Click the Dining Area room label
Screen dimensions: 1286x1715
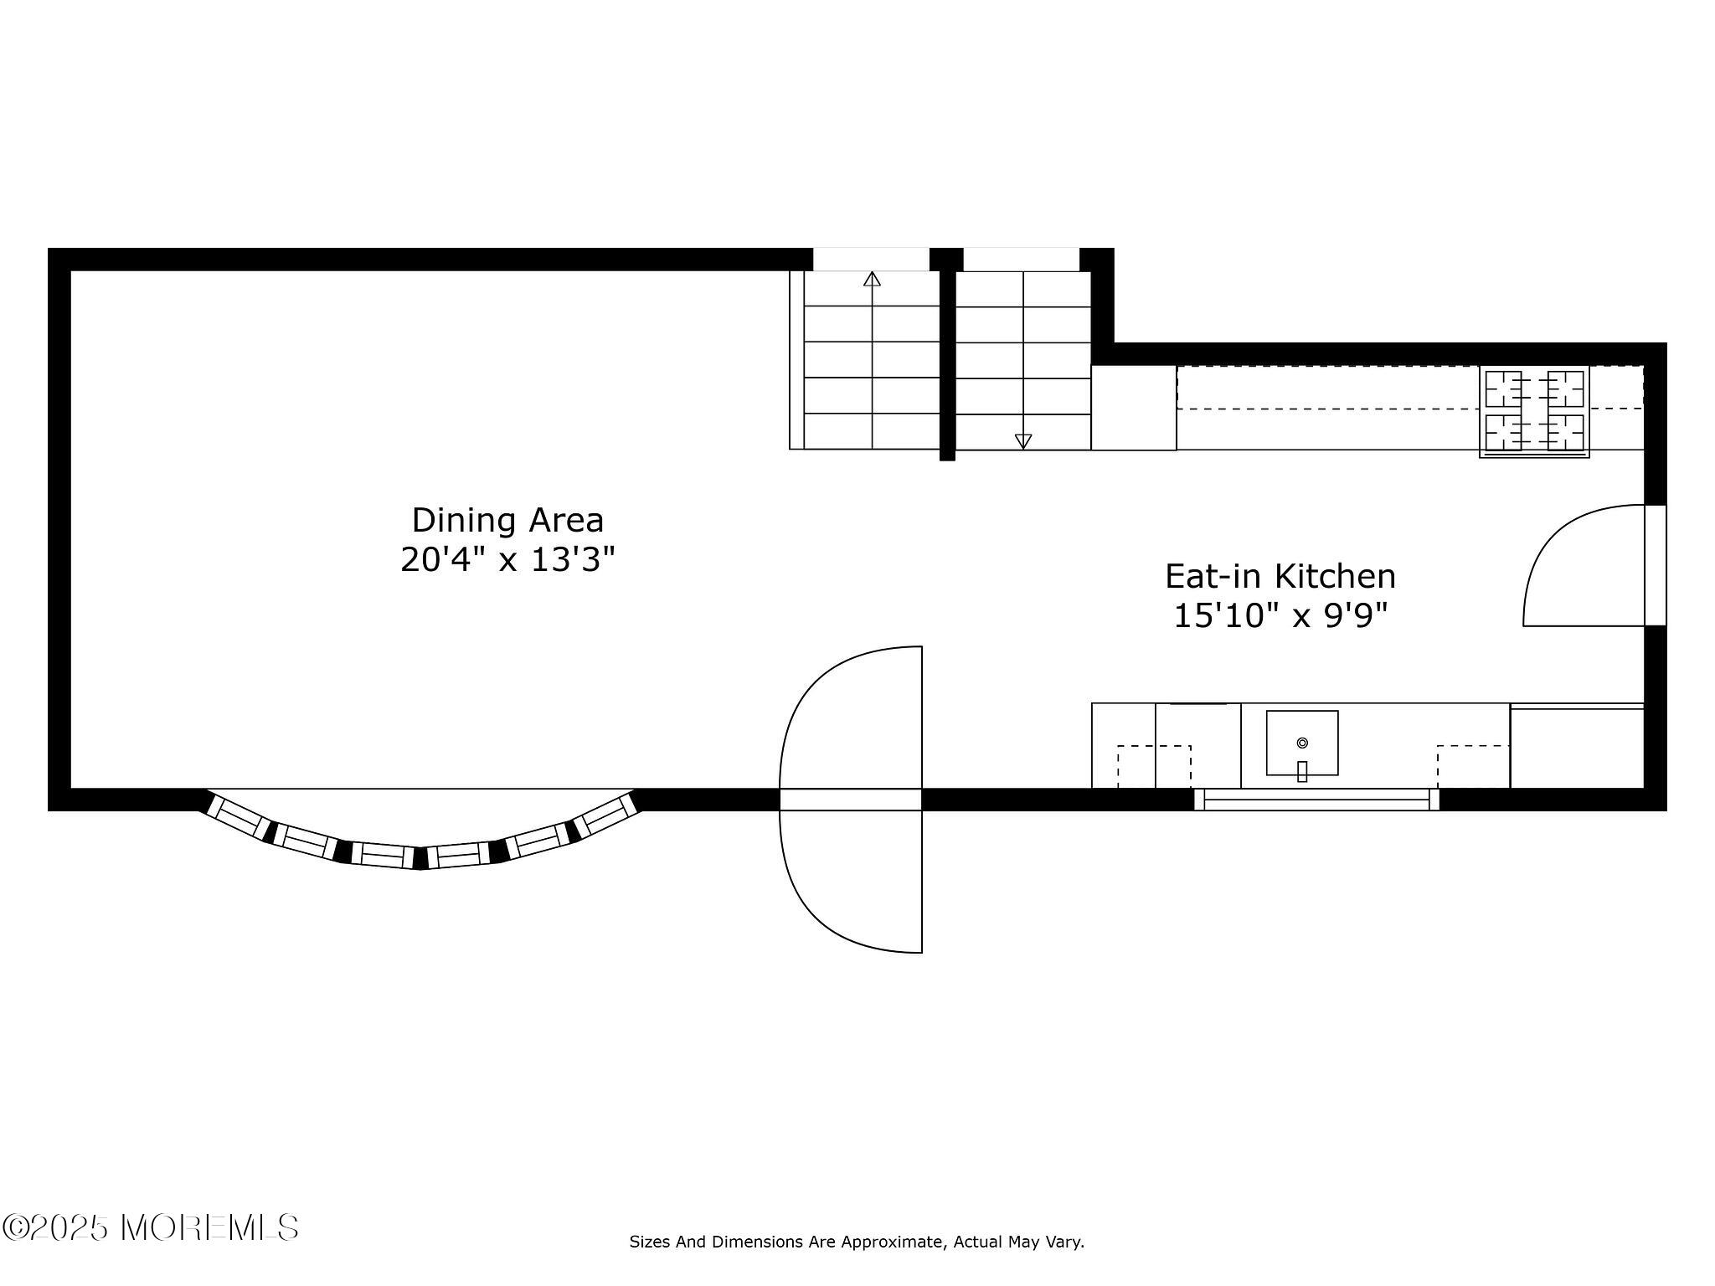point(507,520)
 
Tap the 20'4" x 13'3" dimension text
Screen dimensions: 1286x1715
point(507,559)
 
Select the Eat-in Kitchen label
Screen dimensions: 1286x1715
point(1280,576)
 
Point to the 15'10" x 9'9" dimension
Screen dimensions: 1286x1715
point(1280,616)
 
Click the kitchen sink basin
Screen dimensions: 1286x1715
point(1301,743)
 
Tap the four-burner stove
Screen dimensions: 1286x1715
point(1534,411)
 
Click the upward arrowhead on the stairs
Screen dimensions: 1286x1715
point(872,279)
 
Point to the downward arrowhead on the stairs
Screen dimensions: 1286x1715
point(1022,441)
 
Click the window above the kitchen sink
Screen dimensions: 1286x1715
point(1316,800)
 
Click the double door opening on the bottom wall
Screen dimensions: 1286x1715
point(851,800)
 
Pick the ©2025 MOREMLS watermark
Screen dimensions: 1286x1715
point(151,1227)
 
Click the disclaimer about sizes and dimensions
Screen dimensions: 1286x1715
point(857,1242)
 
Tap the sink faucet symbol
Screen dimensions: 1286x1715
point(1302,771)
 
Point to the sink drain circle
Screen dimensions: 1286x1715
point(1302,743)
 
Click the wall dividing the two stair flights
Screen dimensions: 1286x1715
point(947,360)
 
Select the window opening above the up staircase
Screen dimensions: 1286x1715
point(871,259)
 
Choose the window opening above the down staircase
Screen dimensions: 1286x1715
point(1021,259)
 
